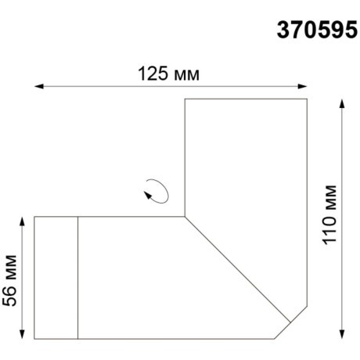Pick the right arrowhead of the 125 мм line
point(303,85)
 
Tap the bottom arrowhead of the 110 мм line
point(342,336)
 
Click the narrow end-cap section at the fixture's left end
point(56,278)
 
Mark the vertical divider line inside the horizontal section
point(77,278)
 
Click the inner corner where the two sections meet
point(185,215)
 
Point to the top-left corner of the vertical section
point(185,99)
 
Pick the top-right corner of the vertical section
point(306,99)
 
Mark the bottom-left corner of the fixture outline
point(34,340)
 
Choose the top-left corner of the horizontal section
point(34,216)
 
